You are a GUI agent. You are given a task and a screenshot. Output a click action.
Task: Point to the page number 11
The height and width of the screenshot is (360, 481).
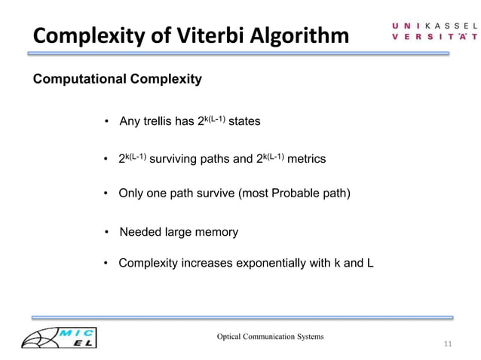coord(448,344)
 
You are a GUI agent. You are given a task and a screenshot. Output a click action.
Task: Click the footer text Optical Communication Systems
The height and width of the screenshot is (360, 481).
coord(270,335)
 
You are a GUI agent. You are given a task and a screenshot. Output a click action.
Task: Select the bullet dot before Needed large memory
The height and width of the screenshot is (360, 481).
coord(108,232)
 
